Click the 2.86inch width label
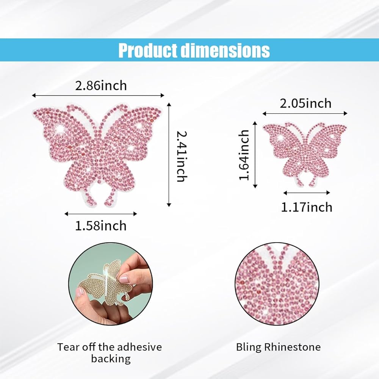point(101,86)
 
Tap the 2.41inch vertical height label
point(182,157)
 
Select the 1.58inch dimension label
point(101,226)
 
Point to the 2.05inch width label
point(305,103)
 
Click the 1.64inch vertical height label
point(244,155)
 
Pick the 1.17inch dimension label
point(307,207)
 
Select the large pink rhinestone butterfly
point(97,155)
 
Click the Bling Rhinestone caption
point(278,347)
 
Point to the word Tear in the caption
point(68,347)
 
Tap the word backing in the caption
point(111,359)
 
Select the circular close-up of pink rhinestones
point(277,284)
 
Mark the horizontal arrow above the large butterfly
point(98,96)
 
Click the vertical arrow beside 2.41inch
point(169,155)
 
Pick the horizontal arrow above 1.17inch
point(307,193)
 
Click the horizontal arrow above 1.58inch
point(101,214)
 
